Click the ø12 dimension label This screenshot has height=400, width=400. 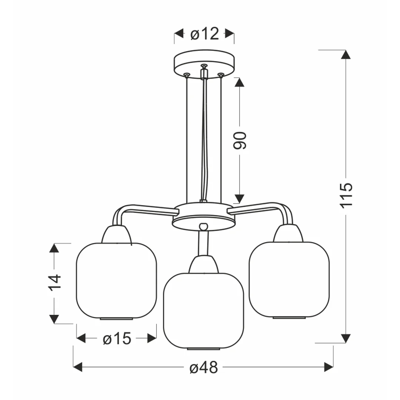(x=204, y=34)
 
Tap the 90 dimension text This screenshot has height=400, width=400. (x=240, y=140)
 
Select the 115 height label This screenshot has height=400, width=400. (x=346, y=196)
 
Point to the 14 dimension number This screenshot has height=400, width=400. (x=54, y=282)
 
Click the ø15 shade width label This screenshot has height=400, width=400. (x=117, y=339)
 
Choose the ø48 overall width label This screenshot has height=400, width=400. (x=204, y=367)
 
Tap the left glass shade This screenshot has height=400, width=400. (x=117, y=281)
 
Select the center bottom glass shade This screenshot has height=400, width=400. (x=203, y=311)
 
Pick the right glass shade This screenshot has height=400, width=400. (x=289, y=280)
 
